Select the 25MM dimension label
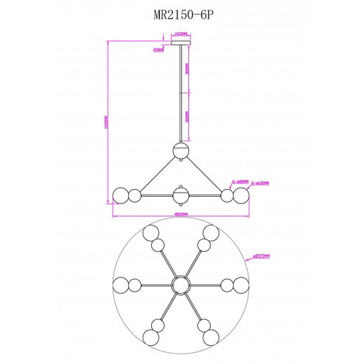[x=160, y=50]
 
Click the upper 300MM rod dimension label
[x=188, y=70]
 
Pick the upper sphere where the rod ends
[x=181, y=149]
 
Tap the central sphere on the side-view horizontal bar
[x=181, y=195]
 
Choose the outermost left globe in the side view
[x=120, y=195]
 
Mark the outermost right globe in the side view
[x=242, y=195]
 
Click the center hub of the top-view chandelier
[x=181, y=283]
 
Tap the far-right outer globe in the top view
[x=242, y=283]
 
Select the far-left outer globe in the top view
[x=120, y=283]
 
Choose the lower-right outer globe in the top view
[x=211, y=336]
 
